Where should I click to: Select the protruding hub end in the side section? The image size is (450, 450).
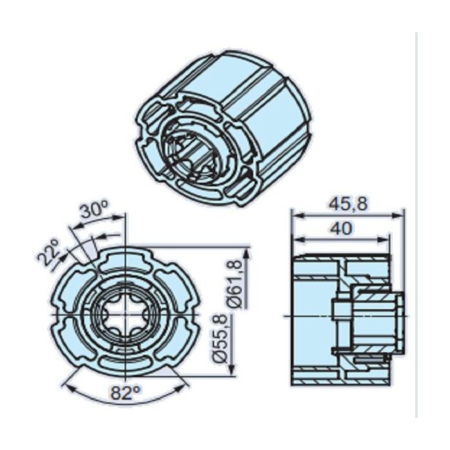click(x=399, y=316)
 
